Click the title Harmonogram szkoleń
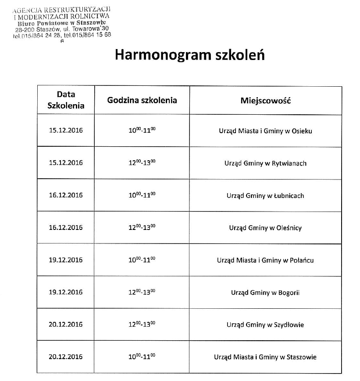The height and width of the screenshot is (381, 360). point(190,56)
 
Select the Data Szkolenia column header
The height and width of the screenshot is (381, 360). point(66,100)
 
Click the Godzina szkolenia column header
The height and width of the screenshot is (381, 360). point(142,100)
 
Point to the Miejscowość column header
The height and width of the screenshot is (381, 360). point(266,100)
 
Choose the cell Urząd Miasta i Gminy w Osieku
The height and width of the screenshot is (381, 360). point(266,131)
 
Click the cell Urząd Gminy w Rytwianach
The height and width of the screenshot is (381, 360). point(266,163)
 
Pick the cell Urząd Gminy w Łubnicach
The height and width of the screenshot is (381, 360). point(266,195)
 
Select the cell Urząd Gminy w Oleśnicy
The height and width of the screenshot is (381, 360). point(266,228)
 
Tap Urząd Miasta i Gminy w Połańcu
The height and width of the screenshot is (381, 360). point(266,260)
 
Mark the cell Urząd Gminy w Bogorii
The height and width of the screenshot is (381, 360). point(266,293)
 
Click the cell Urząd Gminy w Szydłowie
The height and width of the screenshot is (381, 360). point(266,325)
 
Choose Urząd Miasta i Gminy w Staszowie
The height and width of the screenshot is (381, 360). point(266,357)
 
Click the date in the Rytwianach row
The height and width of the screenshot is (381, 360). point(66,163)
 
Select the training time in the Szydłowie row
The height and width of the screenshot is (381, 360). point(142,325)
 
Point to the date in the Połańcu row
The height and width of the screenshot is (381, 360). point(66,260)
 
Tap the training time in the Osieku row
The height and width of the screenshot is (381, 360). point(142,130)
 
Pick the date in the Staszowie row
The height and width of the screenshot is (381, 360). point(66,357)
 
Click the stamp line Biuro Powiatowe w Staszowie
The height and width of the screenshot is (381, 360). point(61,22)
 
